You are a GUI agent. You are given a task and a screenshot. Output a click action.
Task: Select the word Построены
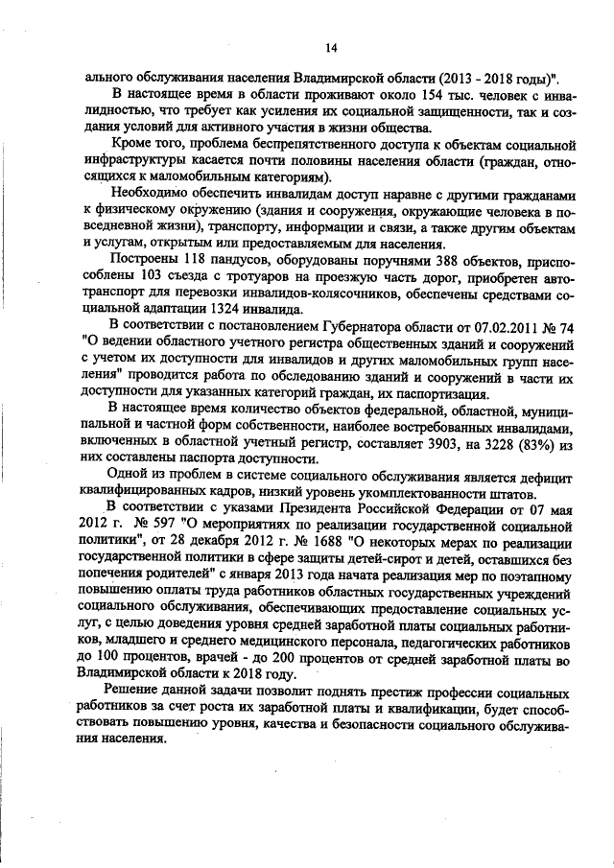click(141, 261)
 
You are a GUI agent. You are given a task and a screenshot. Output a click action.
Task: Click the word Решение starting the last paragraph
click(134, 692)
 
